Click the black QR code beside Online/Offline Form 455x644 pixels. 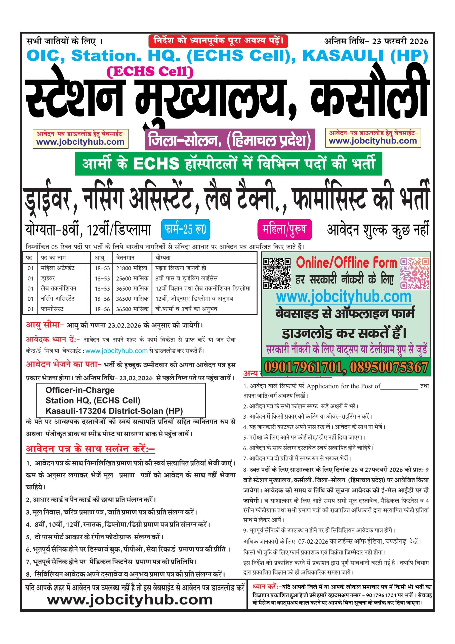tap(276, 273)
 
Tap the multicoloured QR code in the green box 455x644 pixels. tap(414, 273)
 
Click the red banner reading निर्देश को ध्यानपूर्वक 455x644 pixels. tap(218, 41)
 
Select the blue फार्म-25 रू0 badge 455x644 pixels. tap(185, 229)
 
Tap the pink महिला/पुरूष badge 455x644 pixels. tap(284, 229)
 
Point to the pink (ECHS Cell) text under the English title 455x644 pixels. tap(150, 71)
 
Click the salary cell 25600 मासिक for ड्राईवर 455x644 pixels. tap(132, 278)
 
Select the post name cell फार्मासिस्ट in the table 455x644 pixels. tap(52, 309)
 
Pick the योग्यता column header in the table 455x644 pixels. tap(163, 258)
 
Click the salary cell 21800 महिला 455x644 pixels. tap(132, 268)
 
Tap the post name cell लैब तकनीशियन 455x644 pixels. tap(58, 288)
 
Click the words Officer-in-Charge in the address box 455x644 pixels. tap(80, 390)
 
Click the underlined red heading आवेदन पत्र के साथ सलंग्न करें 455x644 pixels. tap(90, 449)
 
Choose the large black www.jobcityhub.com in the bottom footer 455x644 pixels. tap(130, 600)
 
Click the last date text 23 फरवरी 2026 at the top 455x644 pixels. tap(400, 42)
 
